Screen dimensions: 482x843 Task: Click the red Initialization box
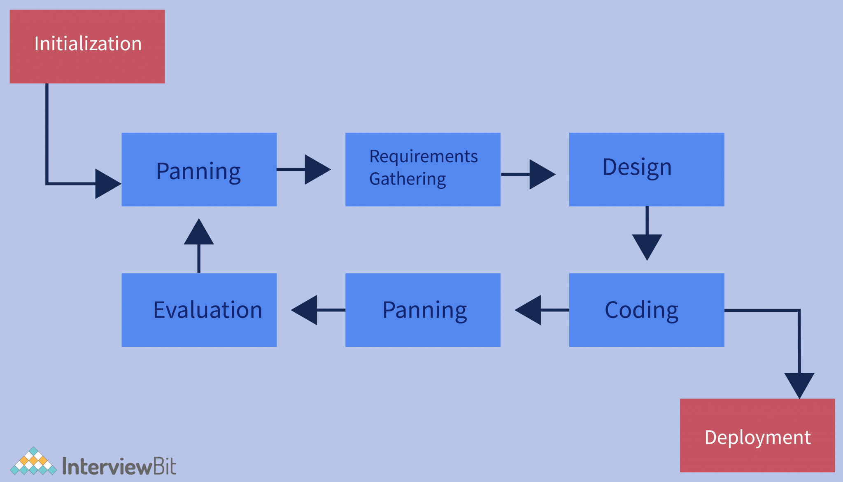(87, 47)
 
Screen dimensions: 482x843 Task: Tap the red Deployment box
(757, 435)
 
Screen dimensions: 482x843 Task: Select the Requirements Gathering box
(423, 169)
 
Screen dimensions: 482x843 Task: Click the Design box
(647, 169)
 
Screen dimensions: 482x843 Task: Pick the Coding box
(647, 310)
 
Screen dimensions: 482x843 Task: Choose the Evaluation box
(199, 310)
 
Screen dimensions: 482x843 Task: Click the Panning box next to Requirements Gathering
(199, 169)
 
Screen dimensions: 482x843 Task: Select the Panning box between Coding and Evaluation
(423, 310)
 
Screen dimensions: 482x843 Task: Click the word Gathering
(408, 179)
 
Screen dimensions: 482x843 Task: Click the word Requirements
(424, 157)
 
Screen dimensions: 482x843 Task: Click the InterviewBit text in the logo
(119, 466)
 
